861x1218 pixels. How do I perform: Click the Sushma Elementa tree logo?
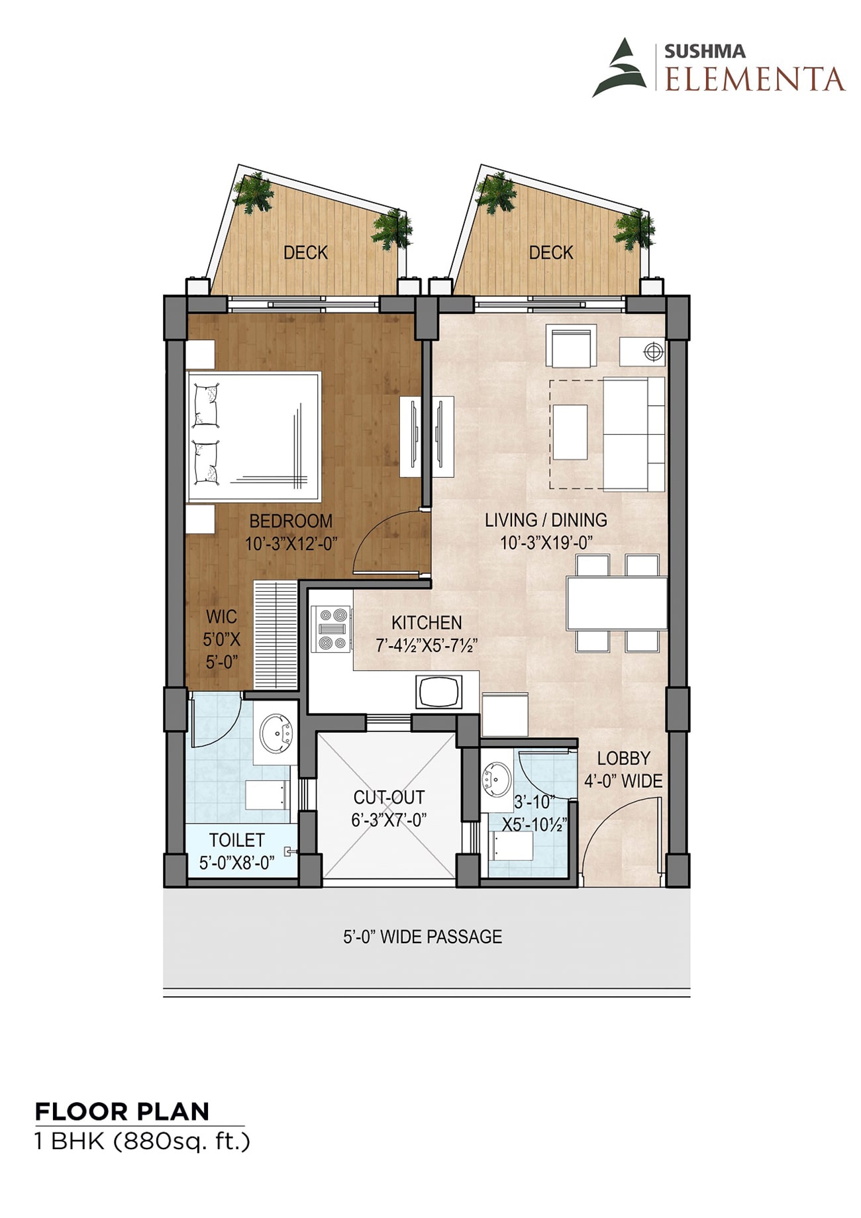click(x=620, y=68)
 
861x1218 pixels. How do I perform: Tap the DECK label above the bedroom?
click(x=305, y=253)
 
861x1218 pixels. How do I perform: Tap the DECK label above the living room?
click(x=551, y=253)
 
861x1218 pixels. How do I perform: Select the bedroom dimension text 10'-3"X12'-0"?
click(x=291, y=544)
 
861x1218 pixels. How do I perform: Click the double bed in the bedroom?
click(x=254, y=437)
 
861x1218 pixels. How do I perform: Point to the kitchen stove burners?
click(x=333, y=629)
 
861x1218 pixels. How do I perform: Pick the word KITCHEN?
click(x=427, y=623)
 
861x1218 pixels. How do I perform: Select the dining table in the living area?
click(x=617, y=603)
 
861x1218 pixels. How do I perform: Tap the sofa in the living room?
click(x=634, y=434)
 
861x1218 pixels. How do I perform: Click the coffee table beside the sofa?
click(x=570, y=432)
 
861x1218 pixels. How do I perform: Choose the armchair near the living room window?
click(x=571, y=346)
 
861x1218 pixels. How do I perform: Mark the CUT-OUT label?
click(x=389, y=797)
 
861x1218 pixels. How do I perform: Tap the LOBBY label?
click(x=623, y=759)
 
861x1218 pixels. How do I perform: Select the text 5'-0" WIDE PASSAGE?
click(x=423, y=937)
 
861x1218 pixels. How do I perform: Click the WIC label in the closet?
click(x=221, y=617)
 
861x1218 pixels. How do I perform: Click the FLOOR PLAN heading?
click(x=122, y=1111)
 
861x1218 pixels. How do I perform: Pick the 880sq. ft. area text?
click(x=182, y=1143)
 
